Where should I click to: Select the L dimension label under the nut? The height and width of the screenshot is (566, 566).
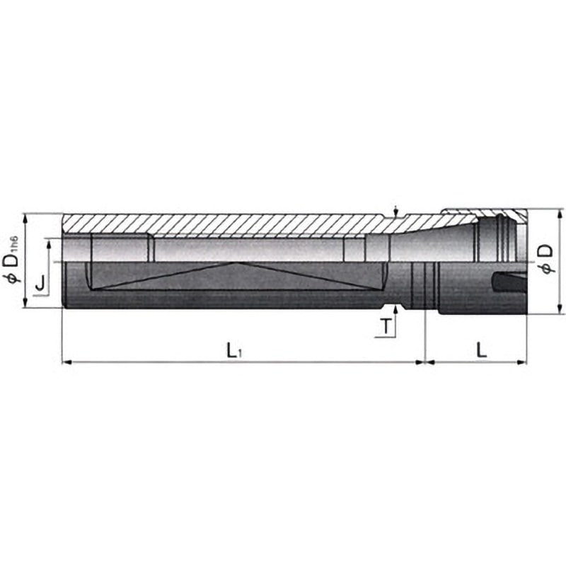(480, 349)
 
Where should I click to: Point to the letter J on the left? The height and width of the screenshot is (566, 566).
(40, 283)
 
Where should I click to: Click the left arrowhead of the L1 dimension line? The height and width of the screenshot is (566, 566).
(67, 362)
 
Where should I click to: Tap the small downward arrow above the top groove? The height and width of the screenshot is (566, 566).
(395, 212)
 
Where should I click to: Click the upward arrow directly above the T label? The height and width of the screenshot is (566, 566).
(395, 312)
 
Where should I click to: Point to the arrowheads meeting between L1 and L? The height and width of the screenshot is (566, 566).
(424, 362)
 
